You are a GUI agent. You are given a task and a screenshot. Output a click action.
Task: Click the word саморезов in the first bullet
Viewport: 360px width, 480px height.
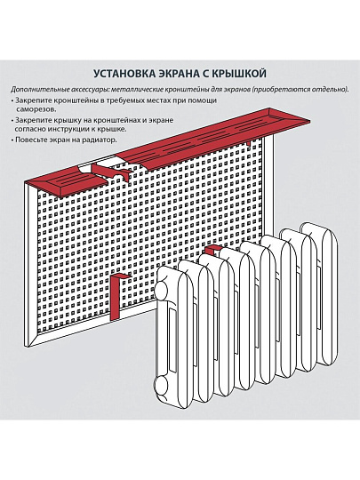click(36, 109)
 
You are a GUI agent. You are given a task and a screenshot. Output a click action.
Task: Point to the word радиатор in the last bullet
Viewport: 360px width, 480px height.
click(102, 140)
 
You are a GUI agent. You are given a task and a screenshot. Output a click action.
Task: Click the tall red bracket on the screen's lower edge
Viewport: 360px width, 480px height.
click(116, 297)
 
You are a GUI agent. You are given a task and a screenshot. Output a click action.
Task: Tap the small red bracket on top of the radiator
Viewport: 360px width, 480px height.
click(212, 250)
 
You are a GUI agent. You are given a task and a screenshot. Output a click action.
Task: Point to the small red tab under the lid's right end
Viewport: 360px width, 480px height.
click(249, 143)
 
